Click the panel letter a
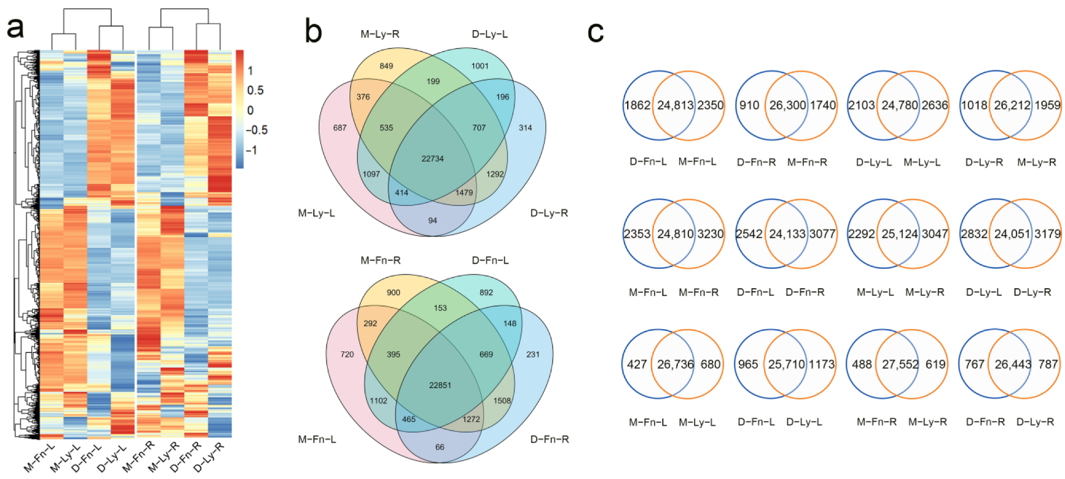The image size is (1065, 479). tap(15, 28)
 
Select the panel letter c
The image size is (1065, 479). tap(595, 32)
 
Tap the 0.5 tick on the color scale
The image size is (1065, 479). tap(255, 90)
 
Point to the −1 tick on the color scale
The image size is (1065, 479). tap(251, 150)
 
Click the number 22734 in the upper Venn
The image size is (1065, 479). tap(432, 159)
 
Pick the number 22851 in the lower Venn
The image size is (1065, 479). tap(440, 385)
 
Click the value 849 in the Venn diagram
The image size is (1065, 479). tap(386, 66)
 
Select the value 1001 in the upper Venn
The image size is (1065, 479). tap(480, 66)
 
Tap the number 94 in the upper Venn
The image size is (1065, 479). tap(433, 220)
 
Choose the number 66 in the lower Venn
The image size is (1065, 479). tap(440, 447)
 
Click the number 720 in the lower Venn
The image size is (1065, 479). tap(347, 354)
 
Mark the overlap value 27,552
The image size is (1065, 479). tap(900, 364)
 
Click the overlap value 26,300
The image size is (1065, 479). tap(787, 105)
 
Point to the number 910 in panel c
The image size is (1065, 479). tap(749, 105)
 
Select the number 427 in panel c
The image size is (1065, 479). tap(637, 364)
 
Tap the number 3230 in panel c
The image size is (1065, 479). tap(710, 234)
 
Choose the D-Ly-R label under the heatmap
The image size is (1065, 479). tap(209, 458)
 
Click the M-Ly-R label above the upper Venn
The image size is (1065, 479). tap(380, 34)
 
